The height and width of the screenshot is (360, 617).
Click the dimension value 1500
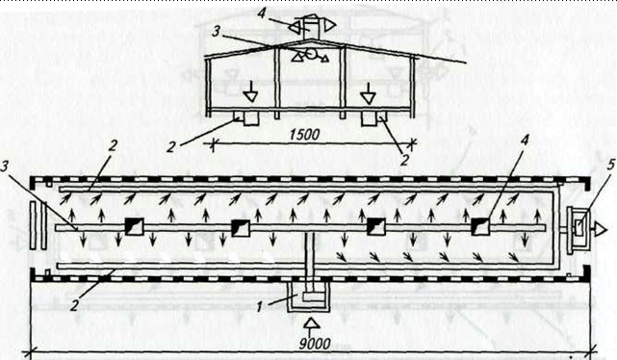coord(304,135)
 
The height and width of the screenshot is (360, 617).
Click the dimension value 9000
coord(315,344)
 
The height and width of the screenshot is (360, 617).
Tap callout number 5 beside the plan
coord(610,165)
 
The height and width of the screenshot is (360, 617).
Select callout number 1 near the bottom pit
coord(259,307)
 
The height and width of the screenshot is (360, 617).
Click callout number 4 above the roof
coord(263,12)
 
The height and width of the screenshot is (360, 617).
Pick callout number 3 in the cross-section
coord(216,32)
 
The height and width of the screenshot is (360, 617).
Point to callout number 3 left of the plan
coord(4,167)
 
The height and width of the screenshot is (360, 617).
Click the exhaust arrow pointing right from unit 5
coord(601,228)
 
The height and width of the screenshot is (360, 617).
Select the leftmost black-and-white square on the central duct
coord(134,226)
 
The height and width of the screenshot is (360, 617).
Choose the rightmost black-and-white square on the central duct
coord(480,226)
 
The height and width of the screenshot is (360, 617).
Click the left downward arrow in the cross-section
coord(249,92)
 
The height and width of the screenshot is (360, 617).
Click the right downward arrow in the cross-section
coord(369,93)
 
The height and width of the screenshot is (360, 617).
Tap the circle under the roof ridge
coord(312,54)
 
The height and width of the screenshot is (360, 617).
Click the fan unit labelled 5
coord(578,229)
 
